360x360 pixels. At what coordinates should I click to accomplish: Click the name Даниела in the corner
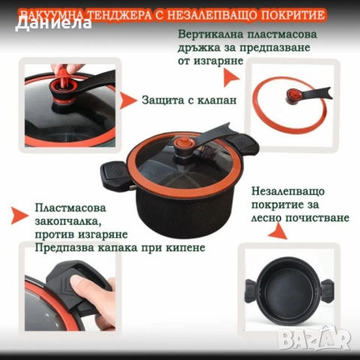(x=52, y=22)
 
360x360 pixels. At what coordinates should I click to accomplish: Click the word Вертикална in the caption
(x=211, y=35)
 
